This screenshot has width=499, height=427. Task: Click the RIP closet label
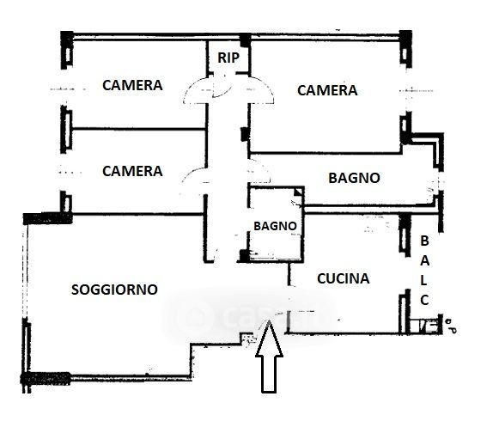[228, 58]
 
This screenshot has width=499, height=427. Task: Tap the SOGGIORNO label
[114, 290]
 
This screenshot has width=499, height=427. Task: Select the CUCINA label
[344, 278]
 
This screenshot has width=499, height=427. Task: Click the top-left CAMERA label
[132, 85]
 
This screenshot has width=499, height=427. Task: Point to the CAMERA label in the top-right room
[327, 90]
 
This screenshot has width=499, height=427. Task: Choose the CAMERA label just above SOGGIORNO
[132, 171]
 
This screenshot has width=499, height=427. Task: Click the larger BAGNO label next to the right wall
[354, 178]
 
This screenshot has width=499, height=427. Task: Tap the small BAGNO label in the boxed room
[276, 226]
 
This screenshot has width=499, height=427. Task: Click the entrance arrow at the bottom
[269, 357]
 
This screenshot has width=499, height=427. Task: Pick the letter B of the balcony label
[424, 241]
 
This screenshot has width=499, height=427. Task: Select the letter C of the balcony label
[424, 300]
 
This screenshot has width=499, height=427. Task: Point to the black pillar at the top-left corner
[67, 36]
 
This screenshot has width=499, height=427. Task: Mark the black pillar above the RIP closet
[245, 40]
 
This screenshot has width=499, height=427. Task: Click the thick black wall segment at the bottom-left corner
[46, 378]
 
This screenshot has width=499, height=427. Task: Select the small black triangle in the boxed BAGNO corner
[298, 192]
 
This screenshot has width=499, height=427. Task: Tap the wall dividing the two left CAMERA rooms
[139, 129]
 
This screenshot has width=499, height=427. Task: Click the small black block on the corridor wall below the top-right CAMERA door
[244, 134]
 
